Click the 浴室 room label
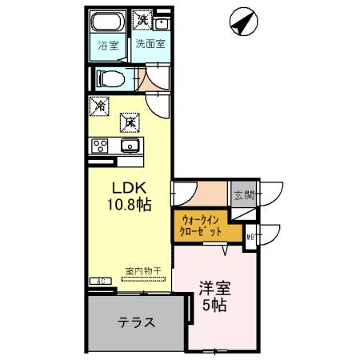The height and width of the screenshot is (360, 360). click(x=108, y=46)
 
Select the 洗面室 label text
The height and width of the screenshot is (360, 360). click(x=150, y=45)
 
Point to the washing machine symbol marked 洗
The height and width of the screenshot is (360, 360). click(x=143, y=19)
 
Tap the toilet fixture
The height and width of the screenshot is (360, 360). click(x=110, y=78)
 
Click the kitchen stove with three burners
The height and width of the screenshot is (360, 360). click(x=100, y=145)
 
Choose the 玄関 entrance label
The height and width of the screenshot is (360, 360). click(x=243, y=194)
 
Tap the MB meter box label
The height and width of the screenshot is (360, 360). click(x=251, y=235)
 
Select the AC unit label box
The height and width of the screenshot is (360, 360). click(x=102, y=281)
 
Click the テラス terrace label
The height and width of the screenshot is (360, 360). click(x=137, y=323)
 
